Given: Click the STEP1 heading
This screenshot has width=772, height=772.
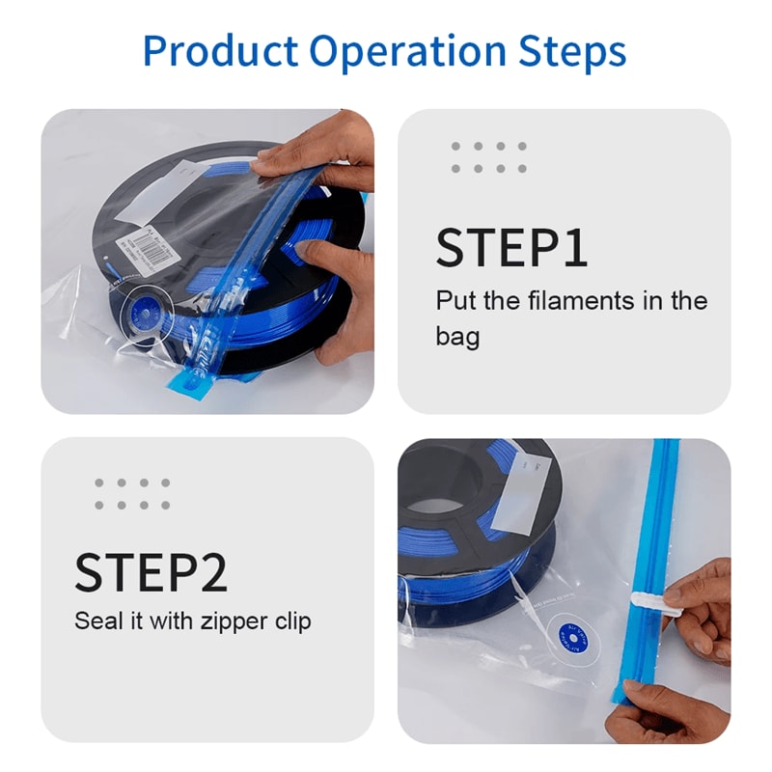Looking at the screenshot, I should pyautogui.click(x=511, y=248).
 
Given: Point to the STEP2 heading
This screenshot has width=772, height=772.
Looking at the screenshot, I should pyautogui.click(x=151, y=573).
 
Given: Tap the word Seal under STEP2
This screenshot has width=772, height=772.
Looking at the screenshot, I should pyautogui.click(x=99, y=620).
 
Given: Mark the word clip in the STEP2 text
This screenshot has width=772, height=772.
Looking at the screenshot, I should pyautogui.click(x=290, y=620).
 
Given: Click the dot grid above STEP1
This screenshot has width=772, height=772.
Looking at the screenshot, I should pyautogui.click(x=488, y=157).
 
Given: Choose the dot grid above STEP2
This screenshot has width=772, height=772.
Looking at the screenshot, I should pyautogui.click(x=132, y=493).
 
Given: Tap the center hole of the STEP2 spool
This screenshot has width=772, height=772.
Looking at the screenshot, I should pyautogui.click(x=439, y=492).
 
